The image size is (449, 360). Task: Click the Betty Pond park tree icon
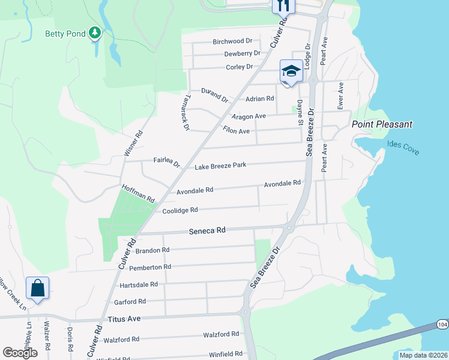coord(94,33)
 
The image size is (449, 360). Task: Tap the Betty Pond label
coord(65,34)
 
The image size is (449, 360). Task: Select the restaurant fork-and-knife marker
coord(283,5)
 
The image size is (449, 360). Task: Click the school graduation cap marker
coord(291,72)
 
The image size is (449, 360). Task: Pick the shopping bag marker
coord(37,289)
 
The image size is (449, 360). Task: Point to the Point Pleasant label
coord(382,124)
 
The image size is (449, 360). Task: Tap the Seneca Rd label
coord(207,230)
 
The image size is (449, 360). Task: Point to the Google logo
coord(20,352)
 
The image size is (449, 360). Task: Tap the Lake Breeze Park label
coord(220,165)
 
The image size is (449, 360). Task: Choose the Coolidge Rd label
coord(180,211)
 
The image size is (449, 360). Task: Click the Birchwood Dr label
coord(232,41)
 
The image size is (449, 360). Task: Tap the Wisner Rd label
coord(133,144)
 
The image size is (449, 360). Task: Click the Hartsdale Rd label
coord(139,284)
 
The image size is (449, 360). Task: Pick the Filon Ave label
coord(236,131)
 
